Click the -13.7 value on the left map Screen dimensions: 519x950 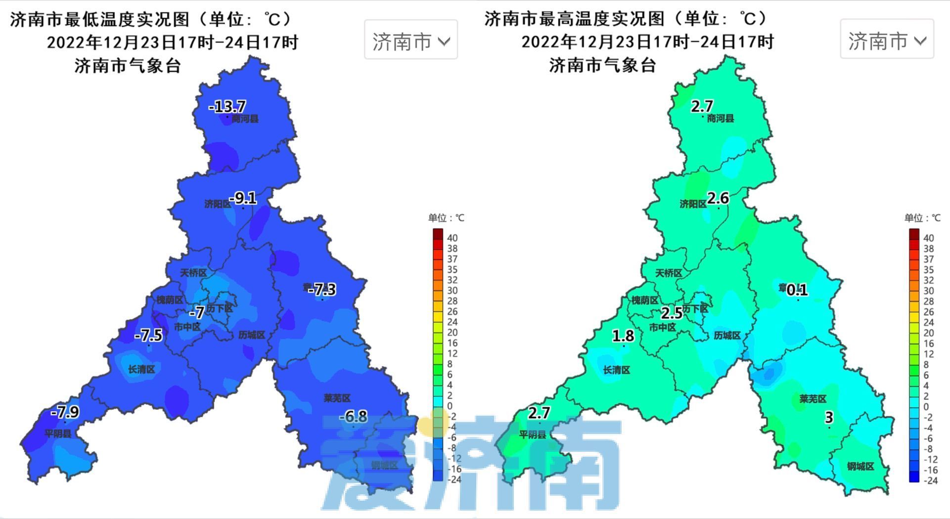tap(227, 106)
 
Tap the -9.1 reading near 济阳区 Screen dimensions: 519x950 tap(243, 198)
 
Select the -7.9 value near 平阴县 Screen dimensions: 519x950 tap(65, 412)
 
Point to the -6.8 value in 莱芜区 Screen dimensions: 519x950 tap(353, 417)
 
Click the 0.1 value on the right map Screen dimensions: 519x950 tap(797, 290)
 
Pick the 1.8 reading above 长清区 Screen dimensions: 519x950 tap(623, 336)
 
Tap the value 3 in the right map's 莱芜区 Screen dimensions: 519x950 tap(829, 418)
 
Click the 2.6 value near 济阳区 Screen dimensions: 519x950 tap(718, 198)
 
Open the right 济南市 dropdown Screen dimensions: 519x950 tap(887, 41)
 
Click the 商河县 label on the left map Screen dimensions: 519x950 tap(245, 119)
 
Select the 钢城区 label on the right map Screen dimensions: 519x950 tap(860, 466)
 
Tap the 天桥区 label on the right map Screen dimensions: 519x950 tap(669, 273)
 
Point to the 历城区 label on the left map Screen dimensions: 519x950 tap(252, 335)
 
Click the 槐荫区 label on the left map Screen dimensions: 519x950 tap(170, 300)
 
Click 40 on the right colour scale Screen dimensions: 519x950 tap(928, 238)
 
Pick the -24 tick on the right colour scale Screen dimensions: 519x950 tap(930, 480)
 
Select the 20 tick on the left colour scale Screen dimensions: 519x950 tap(452, 333)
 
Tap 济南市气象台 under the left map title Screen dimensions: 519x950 tap(128, 65)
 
